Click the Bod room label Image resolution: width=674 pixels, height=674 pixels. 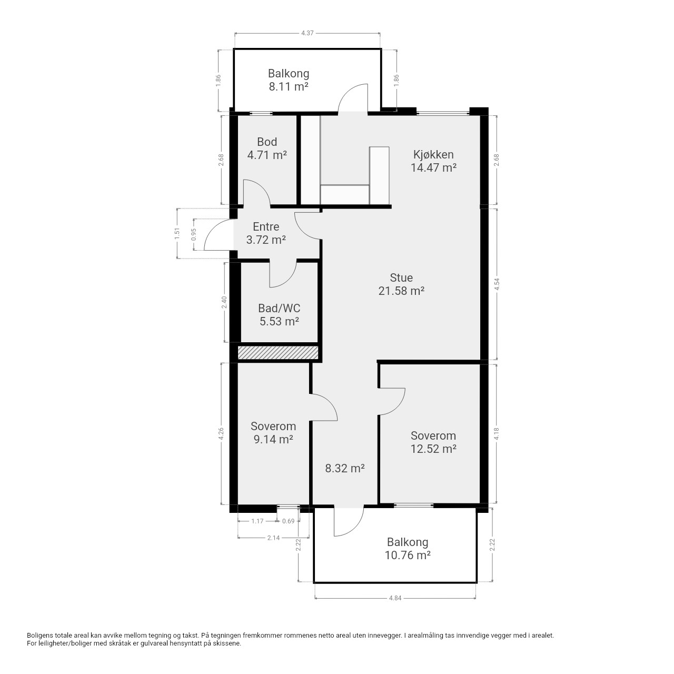coord(267,148)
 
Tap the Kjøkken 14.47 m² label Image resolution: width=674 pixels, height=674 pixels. coord(433,161)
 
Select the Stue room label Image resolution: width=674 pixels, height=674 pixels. coord(401,284)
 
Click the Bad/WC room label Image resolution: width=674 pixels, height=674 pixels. coord(279,314)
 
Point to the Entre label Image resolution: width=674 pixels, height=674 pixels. coord(266,233)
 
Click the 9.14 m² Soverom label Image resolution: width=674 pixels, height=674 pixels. coord(273,432)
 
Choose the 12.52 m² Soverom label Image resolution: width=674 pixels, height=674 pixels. coord(433,442)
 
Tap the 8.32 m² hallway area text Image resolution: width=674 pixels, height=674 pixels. coord(345,468)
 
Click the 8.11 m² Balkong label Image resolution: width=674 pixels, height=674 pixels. coord(289,80)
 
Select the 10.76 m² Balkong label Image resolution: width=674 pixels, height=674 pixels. coord(408,549)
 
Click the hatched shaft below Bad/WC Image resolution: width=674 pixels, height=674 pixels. coord(278,353)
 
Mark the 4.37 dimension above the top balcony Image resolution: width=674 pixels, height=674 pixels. coord(307,33)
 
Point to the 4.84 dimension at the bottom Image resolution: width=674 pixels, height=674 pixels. coord(395,598)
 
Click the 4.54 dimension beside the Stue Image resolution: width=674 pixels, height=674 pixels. coord(497,284)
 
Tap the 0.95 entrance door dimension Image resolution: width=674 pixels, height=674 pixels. coord(194,234)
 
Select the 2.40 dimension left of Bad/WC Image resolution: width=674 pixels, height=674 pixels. coord(224,302)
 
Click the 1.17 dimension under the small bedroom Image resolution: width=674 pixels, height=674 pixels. coord(257,521)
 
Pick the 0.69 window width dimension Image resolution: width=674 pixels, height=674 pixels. coord(288,521)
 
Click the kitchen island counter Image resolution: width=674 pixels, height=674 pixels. coord(379,175)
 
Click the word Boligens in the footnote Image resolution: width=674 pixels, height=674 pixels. coord(39,636)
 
